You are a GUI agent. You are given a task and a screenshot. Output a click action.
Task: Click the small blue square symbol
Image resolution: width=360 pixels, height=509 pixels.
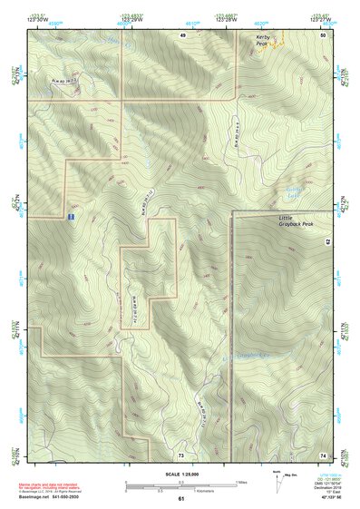tap(71, 218)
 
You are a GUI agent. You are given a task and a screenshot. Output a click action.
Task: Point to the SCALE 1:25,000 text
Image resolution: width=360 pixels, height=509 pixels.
tap(180, 475)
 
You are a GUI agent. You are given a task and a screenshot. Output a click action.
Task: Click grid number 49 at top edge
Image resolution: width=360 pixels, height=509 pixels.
tap(182, 34)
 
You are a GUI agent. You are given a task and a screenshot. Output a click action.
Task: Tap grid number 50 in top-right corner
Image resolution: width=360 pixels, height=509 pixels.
tap(324, 34)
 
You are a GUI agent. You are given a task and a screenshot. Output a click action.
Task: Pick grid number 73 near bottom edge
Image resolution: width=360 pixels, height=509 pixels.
tap(181, 454)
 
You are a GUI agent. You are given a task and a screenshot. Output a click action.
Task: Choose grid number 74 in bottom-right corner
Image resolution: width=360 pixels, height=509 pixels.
tap(324, 454)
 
